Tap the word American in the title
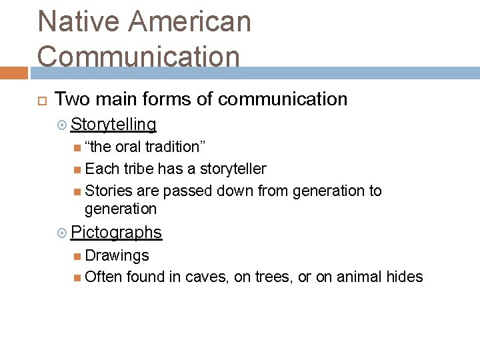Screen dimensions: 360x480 pyautogui.click(x=190, y=21)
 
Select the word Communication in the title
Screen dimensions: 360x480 pyautogui.click(x=138, y=56)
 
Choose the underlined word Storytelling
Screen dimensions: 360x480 pyautogui.click(x=113, y=125)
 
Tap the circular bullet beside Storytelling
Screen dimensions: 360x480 pyautogui.click(x=62, y=125)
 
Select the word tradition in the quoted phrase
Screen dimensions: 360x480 pyautogui.click(x=172, y=147)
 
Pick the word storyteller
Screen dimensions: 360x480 pyautogui.click(x=233, y=169)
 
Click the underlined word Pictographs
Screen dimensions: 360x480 pyautogui.click(x=116, y=233)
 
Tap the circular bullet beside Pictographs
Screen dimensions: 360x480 pyautogui.click(x=62, y=233)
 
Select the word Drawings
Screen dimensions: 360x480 pyautogui.click(x=117, y=255)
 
